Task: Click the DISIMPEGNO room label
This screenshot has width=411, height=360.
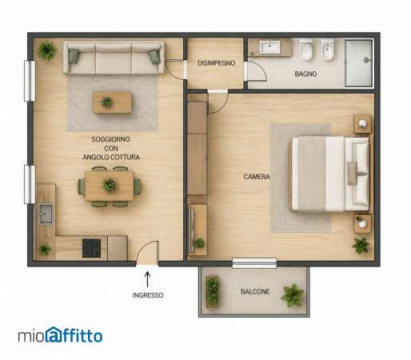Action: (x=217, y=63)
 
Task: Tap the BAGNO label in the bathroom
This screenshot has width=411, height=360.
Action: (x=305, y=74)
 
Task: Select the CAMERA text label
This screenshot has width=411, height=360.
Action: (x=257, y=177)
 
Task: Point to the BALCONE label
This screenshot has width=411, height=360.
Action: (x=255, y=292)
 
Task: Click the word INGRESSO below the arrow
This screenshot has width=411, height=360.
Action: (x=148, y=295)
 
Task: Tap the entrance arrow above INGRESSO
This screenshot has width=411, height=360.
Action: (x=147, y=279)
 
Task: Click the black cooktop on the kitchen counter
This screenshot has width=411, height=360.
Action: (x=91, y=248)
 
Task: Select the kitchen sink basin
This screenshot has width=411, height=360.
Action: (x=46, y=214)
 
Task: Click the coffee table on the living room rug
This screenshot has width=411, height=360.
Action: (x=112, y=102)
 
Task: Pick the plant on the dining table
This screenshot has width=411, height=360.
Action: (x=109, y=185)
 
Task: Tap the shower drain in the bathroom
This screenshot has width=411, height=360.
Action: (x=366, y=61)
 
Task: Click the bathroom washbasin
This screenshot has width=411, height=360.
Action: (x=269, y=47)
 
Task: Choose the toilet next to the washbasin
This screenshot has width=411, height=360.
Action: (x=305, y=50)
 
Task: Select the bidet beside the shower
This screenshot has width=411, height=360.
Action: (x=327, y=50)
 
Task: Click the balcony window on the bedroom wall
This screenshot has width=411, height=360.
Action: (x=254, y=263)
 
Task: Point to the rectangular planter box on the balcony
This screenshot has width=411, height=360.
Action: (x=212, y=291)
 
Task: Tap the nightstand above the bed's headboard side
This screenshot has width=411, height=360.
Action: (x=362, y=124)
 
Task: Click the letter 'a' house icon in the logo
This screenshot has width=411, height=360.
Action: (x=55, y=334)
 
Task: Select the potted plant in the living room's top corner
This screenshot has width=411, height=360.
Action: (x=47, y=50)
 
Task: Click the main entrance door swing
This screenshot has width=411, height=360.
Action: (x=147, y=252)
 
